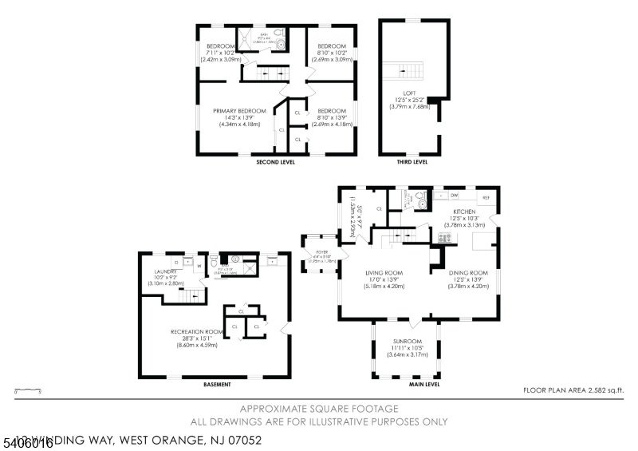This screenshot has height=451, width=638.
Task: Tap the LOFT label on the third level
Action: [x=409, y=93]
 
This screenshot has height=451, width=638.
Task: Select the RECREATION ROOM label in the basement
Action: [x=195, y=331]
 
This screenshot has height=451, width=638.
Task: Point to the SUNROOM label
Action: [x=407, y=342]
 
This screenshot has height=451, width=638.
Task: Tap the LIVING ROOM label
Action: [x=384, y=273]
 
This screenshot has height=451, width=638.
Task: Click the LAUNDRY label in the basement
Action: [x=164, y=271]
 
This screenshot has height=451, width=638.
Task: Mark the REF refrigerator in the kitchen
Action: [x=484, y=196]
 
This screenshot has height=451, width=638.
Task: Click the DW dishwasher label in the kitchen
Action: [x=454, y=196]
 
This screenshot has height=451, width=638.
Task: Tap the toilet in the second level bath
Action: [x=280, y=45]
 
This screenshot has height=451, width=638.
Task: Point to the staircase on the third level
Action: [x=403, y=71]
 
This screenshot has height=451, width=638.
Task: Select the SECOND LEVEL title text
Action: [x=275, y=162]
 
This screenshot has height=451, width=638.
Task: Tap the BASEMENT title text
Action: [x=216, y=384]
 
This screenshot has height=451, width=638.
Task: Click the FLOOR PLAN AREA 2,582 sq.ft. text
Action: [x=573, y=390]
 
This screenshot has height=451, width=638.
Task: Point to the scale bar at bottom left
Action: [x=28, y=390]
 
